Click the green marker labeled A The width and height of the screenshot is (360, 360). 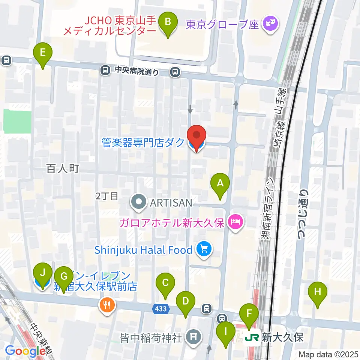(220, 183)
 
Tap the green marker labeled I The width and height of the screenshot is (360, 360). (226, 331)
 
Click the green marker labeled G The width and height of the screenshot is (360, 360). (64, 277)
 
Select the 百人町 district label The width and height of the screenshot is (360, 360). (63, 169)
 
